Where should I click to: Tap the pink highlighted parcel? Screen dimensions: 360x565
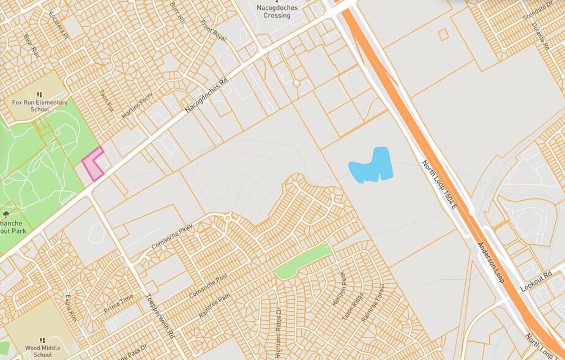pyautogui.click(x=91, y=163)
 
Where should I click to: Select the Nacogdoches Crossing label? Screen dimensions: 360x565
pyautogui.click(x=273, y=11)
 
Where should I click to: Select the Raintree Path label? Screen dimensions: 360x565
pyautogui.click(x=214, y=305)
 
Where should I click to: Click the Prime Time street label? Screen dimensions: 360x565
pyautogui.click(x=119, y=303)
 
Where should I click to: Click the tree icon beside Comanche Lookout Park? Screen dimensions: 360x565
pyautogui.click(x=6, y=215)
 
